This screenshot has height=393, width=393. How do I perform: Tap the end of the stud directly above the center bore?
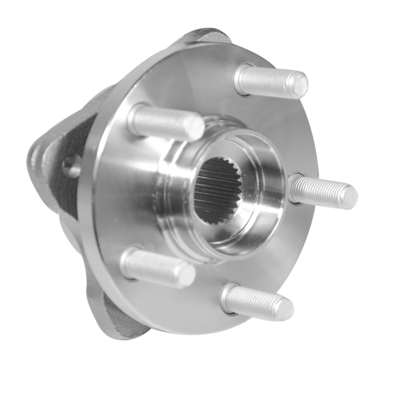coord(196,127)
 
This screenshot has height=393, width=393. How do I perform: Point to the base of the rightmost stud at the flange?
coord(295,188)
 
